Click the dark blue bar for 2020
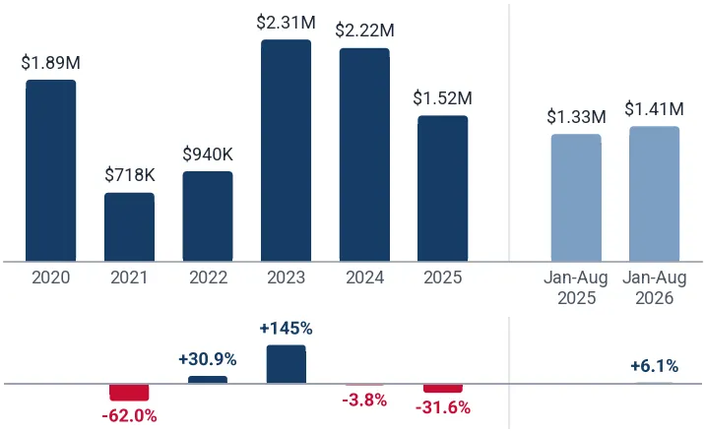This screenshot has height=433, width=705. tap(51, 170)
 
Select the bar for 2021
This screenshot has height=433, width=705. tap(130, 227)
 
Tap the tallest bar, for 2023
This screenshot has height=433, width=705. tap(286, 151)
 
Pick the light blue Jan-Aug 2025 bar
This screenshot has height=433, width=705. tap(576, 198)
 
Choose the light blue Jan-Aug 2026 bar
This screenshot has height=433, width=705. tap(655, 194)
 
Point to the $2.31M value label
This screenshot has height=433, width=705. tap(286, 23)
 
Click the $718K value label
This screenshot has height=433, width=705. tap(130, 175)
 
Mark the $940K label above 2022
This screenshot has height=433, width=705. tap(208, 155)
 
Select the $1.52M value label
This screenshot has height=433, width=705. tap(442, 98)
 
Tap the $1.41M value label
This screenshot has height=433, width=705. tap(655, 109)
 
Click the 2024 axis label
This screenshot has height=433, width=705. tap(364, 278)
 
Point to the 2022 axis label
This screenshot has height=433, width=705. tap(208, 278)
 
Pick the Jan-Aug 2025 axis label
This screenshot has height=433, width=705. tap(576, 288)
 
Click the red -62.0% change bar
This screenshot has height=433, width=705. tap(130, 393)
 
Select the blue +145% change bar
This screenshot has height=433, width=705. tap(286, 364)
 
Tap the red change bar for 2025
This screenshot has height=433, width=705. tap(443, 389)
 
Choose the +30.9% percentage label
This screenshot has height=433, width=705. tap(208, 359)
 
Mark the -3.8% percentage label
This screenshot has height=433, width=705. tap(364, 400)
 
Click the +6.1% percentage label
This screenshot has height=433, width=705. tap(654, 366)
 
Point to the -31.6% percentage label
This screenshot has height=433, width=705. tap(443, 407)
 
